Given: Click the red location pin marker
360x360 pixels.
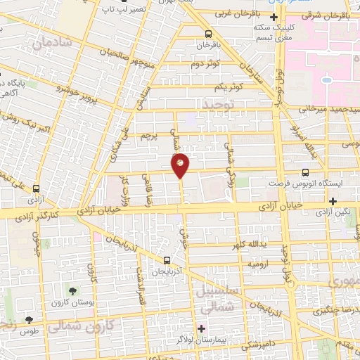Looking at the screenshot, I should click(x=181, y=165).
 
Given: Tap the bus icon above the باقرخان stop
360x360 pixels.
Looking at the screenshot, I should click(x=207, y=33).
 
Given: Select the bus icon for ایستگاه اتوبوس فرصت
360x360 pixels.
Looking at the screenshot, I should click(x=305, y=172).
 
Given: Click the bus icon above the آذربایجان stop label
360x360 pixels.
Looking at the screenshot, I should click(x=167, y=260).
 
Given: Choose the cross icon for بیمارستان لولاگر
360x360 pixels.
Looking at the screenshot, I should click(x=202, y=328).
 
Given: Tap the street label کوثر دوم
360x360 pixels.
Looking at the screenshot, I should click(x=206, y=64).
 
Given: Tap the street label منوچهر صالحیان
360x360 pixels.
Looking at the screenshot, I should click(x=105, y=53).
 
